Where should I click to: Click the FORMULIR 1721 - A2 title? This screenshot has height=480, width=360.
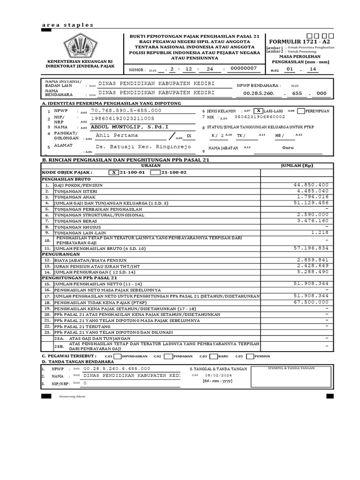(299, 41)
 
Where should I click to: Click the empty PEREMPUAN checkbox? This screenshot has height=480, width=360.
(301, 111)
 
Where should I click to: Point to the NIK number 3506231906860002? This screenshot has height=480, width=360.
(259, 117)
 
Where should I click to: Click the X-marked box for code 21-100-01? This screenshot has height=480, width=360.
(113, 172)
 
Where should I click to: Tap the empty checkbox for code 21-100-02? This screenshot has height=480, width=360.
(155, 172)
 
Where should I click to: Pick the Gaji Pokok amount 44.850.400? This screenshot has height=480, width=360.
(311, 185)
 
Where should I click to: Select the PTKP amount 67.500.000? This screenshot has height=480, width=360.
(311, 302)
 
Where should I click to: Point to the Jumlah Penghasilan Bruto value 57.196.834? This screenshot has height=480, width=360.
(311, 247)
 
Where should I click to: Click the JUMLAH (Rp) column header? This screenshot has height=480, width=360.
(297, 165)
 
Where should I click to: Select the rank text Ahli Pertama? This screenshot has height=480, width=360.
(117, 135)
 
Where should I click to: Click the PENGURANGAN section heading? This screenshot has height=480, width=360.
(60, 254)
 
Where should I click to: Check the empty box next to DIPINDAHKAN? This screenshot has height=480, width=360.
(117, 356)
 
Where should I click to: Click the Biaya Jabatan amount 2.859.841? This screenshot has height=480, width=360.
(313, 259)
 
